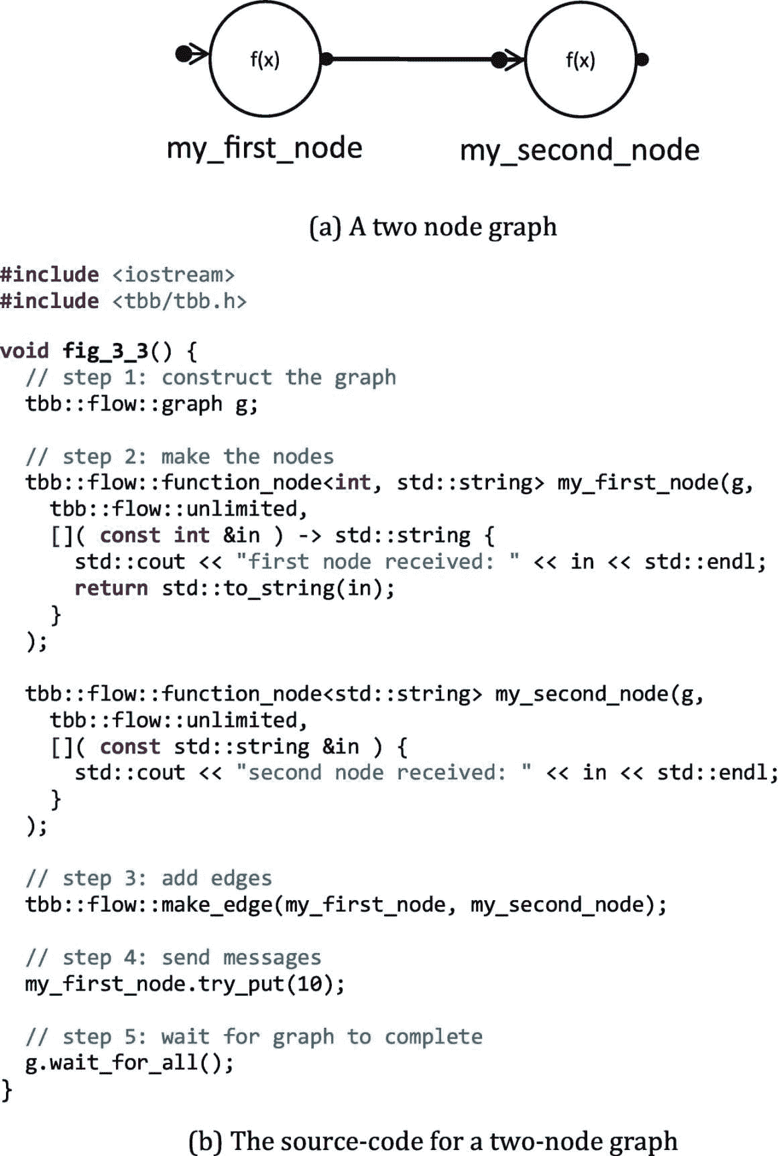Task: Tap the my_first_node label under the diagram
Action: click(x=264, y=148)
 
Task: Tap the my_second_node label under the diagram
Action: click(x=579, y=150)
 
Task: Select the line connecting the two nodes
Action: click(x=412, y=60)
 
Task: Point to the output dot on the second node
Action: click(x=642, y=60)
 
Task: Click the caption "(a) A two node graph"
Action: click(x=433, y=227)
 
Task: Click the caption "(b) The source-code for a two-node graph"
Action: click(x=433, y=1140)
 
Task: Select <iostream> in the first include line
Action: click(x=173, y=275)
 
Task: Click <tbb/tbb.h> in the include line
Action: click(x=179, y=301)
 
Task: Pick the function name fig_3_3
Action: click(x=105, y=351)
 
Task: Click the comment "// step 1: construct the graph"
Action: click(x=211, y=377)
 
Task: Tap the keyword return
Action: click(x=111, y=588)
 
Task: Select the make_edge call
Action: click(x=346, y=905)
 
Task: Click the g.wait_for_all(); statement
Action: click(x=129, y=1063)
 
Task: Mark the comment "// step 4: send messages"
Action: click(x=174, y=958)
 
